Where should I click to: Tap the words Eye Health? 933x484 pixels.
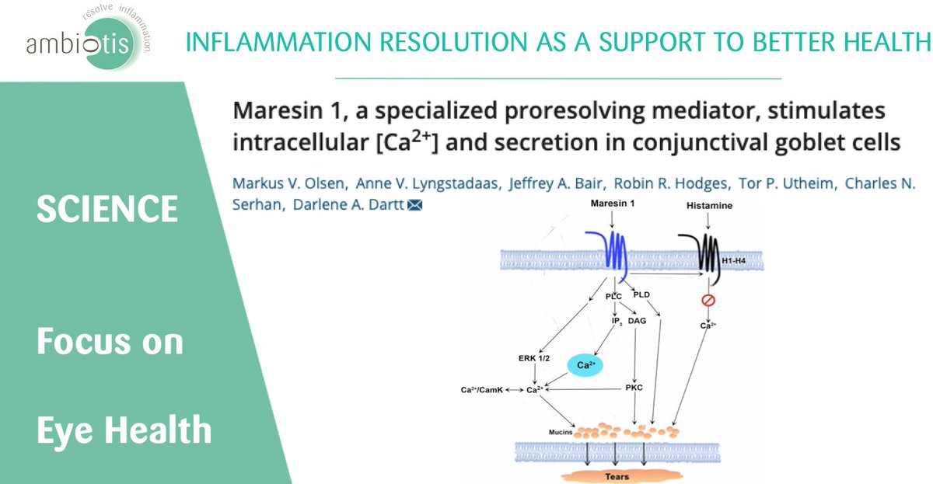point(124,430)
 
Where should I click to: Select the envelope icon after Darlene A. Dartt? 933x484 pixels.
point(415,205)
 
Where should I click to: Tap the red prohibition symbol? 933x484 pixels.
point(708,300)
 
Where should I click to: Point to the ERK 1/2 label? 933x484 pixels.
point(535,359)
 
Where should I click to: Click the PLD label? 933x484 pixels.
point(641,294)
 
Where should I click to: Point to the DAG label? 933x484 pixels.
point(637,320)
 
